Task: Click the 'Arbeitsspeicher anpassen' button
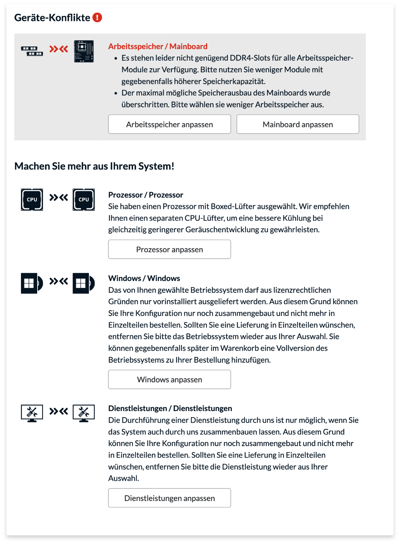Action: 169,124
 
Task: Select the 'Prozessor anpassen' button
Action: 169,249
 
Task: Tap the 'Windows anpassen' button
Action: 169,379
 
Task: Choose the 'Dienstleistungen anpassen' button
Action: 169,498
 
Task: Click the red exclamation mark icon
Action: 97,17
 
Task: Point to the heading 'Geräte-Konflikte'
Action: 52,18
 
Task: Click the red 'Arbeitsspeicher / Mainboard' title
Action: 158,46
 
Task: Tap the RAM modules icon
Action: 32,51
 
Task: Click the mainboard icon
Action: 84,51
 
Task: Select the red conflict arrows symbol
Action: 58,49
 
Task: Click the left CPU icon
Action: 32,199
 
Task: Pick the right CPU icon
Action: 84,199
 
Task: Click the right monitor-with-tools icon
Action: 84,413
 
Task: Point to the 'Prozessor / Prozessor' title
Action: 145,195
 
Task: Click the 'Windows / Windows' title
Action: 144,278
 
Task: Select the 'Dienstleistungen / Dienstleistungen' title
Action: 170,408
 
